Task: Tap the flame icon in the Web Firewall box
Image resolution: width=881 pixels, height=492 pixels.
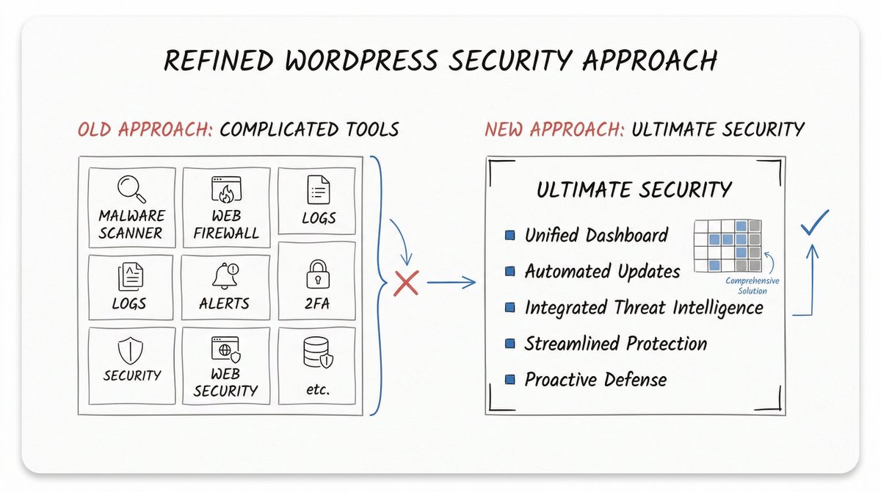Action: [x=225, y=193]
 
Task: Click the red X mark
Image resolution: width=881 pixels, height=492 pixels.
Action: [x=405, y=283]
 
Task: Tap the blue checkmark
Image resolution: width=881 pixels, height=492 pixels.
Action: [x=814, y=223]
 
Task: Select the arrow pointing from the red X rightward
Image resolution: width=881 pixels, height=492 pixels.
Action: [x=452, y=283]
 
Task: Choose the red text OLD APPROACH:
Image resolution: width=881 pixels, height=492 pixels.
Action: [x=145, y=130]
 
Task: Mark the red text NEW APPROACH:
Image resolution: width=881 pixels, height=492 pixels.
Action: [x=554, y=130]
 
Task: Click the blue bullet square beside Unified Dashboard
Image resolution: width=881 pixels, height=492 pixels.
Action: [x=510, y=236]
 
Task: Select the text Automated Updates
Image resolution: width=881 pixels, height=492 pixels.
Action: [x=602, y=271]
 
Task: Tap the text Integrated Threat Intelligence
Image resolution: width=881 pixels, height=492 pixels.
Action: [x=643, y=307]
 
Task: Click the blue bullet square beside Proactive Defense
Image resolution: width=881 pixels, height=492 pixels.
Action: [x=510, y=380]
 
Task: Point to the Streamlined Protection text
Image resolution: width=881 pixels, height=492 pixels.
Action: [x=615, y=343]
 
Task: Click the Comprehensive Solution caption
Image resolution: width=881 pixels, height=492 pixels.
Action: [x=752, y=286]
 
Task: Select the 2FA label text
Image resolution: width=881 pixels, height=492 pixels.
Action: [x=319, y=303]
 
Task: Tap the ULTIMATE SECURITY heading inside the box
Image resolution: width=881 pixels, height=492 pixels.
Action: [x=634, y=189]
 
